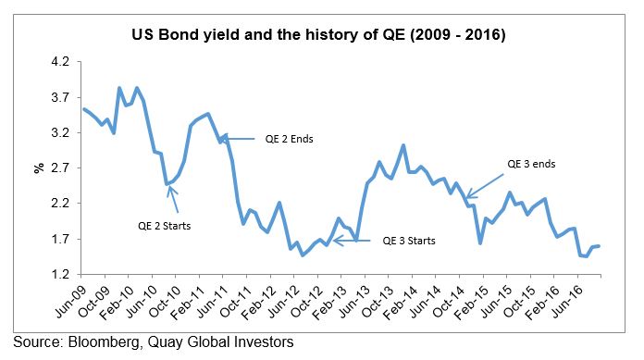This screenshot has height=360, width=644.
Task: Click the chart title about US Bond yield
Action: [x=321, y=37]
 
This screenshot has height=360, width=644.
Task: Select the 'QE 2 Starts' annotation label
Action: [x=166, y=224]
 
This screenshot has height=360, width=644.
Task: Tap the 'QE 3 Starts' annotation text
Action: [x=409, y=242]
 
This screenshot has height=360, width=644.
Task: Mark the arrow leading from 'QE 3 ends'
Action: [x=488, y=180]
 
